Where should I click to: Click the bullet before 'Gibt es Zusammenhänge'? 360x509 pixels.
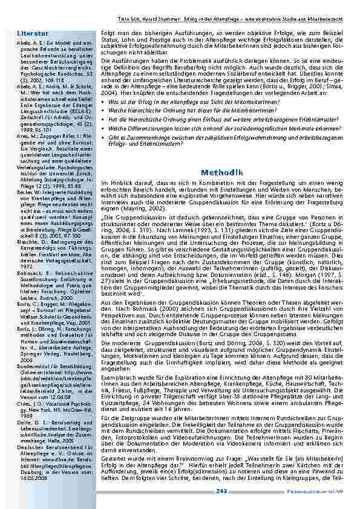103,137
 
